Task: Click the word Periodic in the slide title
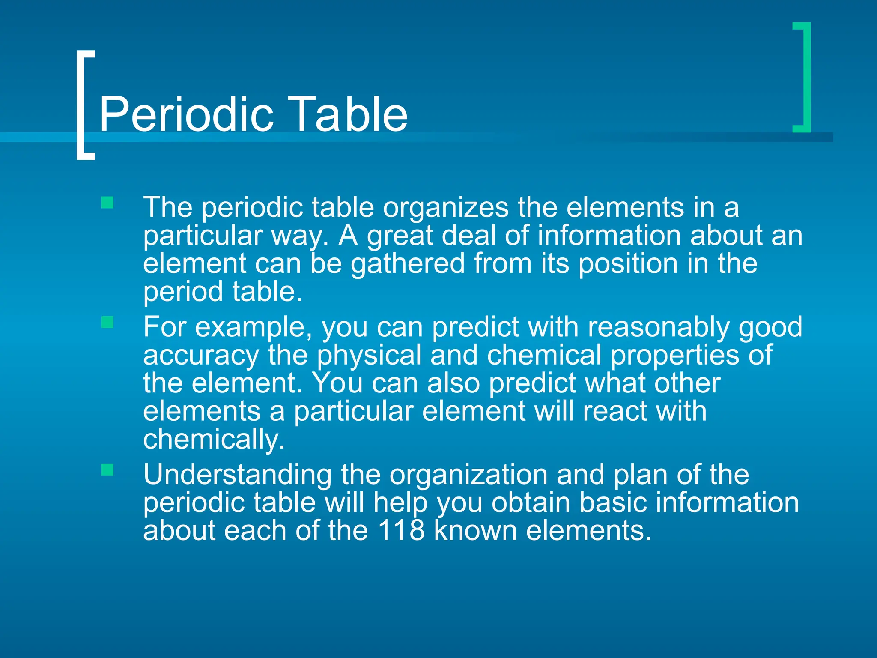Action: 186,114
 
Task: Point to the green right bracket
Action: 805,77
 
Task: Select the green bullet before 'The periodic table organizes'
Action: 107,202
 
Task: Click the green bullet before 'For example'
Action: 107,322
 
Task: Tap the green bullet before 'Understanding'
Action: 107,470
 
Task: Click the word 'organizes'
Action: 445,208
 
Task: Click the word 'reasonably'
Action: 658,327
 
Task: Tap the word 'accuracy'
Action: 201,356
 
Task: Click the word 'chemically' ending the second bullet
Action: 214,440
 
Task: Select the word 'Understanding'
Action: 237,475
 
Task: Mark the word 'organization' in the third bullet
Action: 468,475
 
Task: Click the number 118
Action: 401,530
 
